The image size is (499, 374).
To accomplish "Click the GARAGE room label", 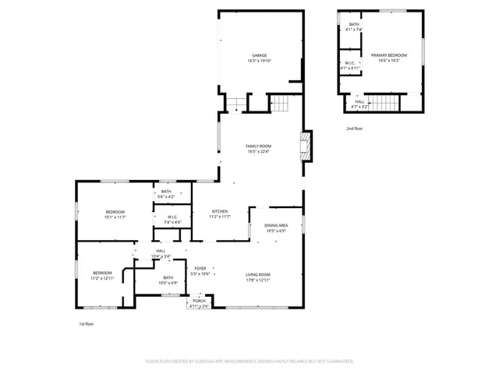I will pos(260,56).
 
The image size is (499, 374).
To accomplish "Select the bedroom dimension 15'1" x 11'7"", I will pos(115,217).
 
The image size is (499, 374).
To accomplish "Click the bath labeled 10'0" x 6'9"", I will pos(168,280).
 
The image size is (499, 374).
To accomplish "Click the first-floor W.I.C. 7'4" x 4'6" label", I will pos(172,220).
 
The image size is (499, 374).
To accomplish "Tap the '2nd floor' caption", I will pos(355,128).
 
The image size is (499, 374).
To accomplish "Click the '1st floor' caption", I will pos(87,323).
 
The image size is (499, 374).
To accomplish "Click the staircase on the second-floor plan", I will pos(382,102).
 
